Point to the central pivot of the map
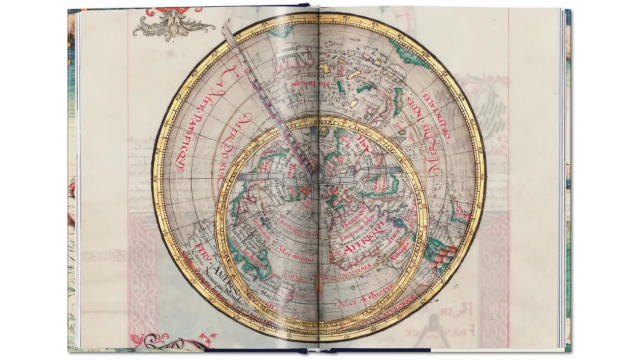[x=318, y=177]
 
